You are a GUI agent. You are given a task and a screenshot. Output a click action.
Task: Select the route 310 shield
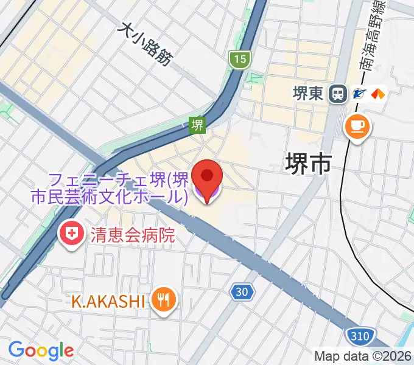pyautogui.click(x=357, y=335)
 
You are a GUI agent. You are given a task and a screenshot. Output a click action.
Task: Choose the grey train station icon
pyautogui.click(x=336, y=94)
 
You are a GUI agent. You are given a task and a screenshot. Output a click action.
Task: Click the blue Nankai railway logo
pyautogui.click(x=359, y=94)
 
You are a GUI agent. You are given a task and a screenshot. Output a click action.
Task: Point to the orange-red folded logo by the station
pyautogui.click(x=378, y=94)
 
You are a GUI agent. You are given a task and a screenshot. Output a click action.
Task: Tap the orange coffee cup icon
pyautogui.click(x=356, y=126)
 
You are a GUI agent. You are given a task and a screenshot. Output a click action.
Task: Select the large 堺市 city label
pyautogui.click(x=309, y=164)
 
